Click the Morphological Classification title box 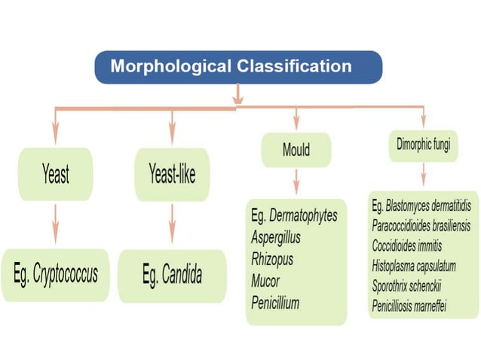click(237, 66)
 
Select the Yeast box click(56, 175)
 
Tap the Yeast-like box click(172, 175)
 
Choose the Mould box click(296, 149)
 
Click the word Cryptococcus click(65, 274)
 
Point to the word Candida click(182, 276)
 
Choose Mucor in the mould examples click(265, 281)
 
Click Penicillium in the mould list click(276, 303)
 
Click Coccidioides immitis click(407, 246)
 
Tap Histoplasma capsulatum click(413, 266)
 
